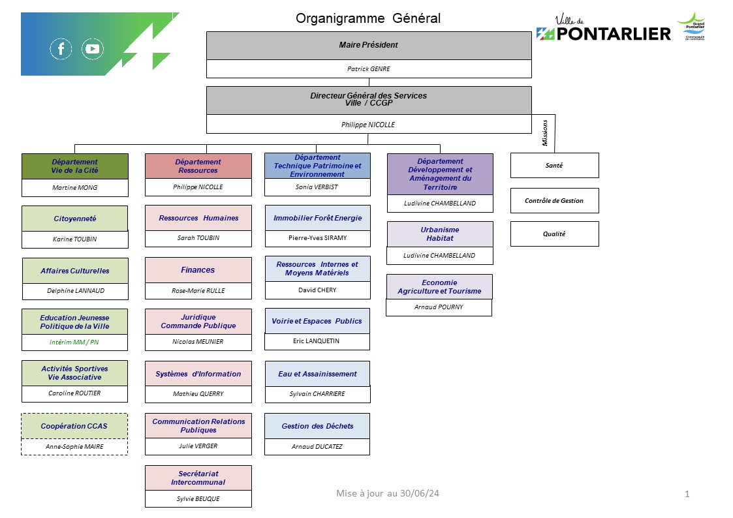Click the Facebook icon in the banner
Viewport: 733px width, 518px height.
[x=61, y=48]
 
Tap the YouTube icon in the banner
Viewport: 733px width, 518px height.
[x=93, y=48]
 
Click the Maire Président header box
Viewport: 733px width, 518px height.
[x=369, y=45]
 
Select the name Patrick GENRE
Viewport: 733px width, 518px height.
[x=368, y=69]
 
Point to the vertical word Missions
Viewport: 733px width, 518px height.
[x=544, y=132]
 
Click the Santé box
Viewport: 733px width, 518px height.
[x=554, y=165]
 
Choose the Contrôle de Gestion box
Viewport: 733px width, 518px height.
[x=554, y=201]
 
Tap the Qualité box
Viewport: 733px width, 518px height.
[x=554, y=234]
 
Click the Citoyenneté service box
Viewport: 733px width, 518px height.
[x=75, y=219]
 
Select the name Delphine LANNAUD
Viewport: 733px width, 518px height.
[x=76, y=290]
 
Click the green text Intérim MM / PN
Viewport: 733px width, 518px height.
[x=74, y=342]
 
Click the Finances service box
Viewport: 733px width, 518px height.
[x=198, y=270]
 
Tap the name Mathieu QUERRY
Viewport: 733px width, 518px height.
[x=198, y=394]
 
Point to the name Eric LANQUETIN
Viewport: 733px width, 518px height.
[x=316, y=341]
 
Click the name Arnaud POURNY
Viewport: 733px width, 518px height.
[x=439, y=307]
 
